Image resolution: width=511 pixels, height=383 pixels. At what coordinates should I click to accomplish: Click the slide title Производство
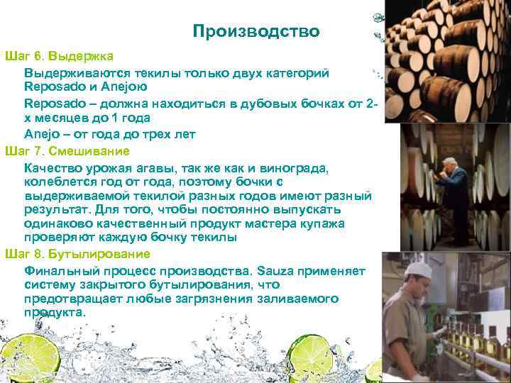[255, 32]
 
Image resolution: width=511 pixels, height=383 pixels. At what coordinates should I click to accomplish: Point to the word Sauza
[274, 270]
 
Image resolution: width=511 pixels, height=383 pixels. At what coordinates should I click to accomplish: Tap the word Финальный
[61, 270]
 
